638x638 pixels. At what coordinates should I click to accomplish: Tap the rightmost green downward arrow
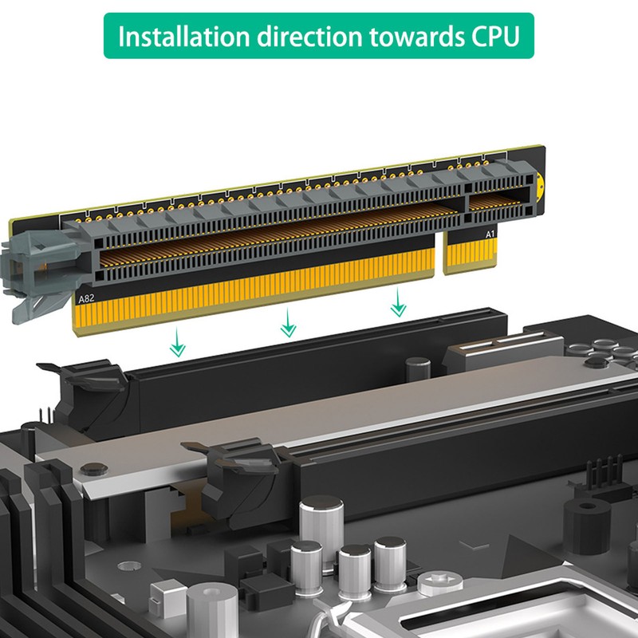(396, 302)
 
